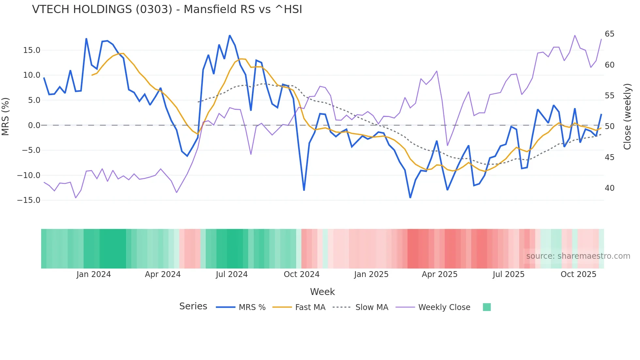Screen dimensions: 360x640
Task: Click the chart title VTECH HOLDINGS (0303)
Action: [167, 9]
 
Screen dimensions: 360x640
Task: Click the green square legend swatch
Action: [487, 307]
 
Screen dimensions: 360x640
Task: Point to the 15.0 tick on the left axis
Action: [32, 50]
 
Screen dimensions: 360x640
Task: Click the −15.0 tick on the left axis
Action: [29, 200]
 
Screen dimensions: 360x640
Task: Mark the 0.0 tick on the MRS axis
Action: [34, 125]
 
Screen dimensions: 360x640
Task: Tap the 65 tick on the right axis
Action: [609, 34]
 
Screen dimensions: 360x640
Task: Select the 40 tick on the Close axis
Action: [609, 188]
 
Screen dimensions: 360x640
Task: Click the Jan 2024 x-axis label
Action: [94, 274]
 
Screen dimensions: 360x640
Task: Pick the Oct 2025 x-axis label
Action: [578, 274]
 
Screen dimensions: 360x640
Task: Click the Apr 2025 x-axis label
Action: [440, 274]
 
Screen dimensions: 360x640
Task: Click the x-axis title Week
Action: [322, 292]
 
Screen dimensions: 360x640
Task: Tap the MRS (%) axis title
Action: [6, 116]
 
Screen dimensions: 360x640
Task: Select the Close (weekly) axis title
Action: [627, 117]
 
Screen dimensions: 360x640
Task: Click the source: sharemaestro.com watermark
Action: [578, 256]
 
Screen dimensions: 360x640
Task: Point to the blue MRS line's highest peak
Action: [230, 35]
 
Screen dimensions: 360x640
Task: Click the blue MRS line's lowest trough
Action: [410, 198]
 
